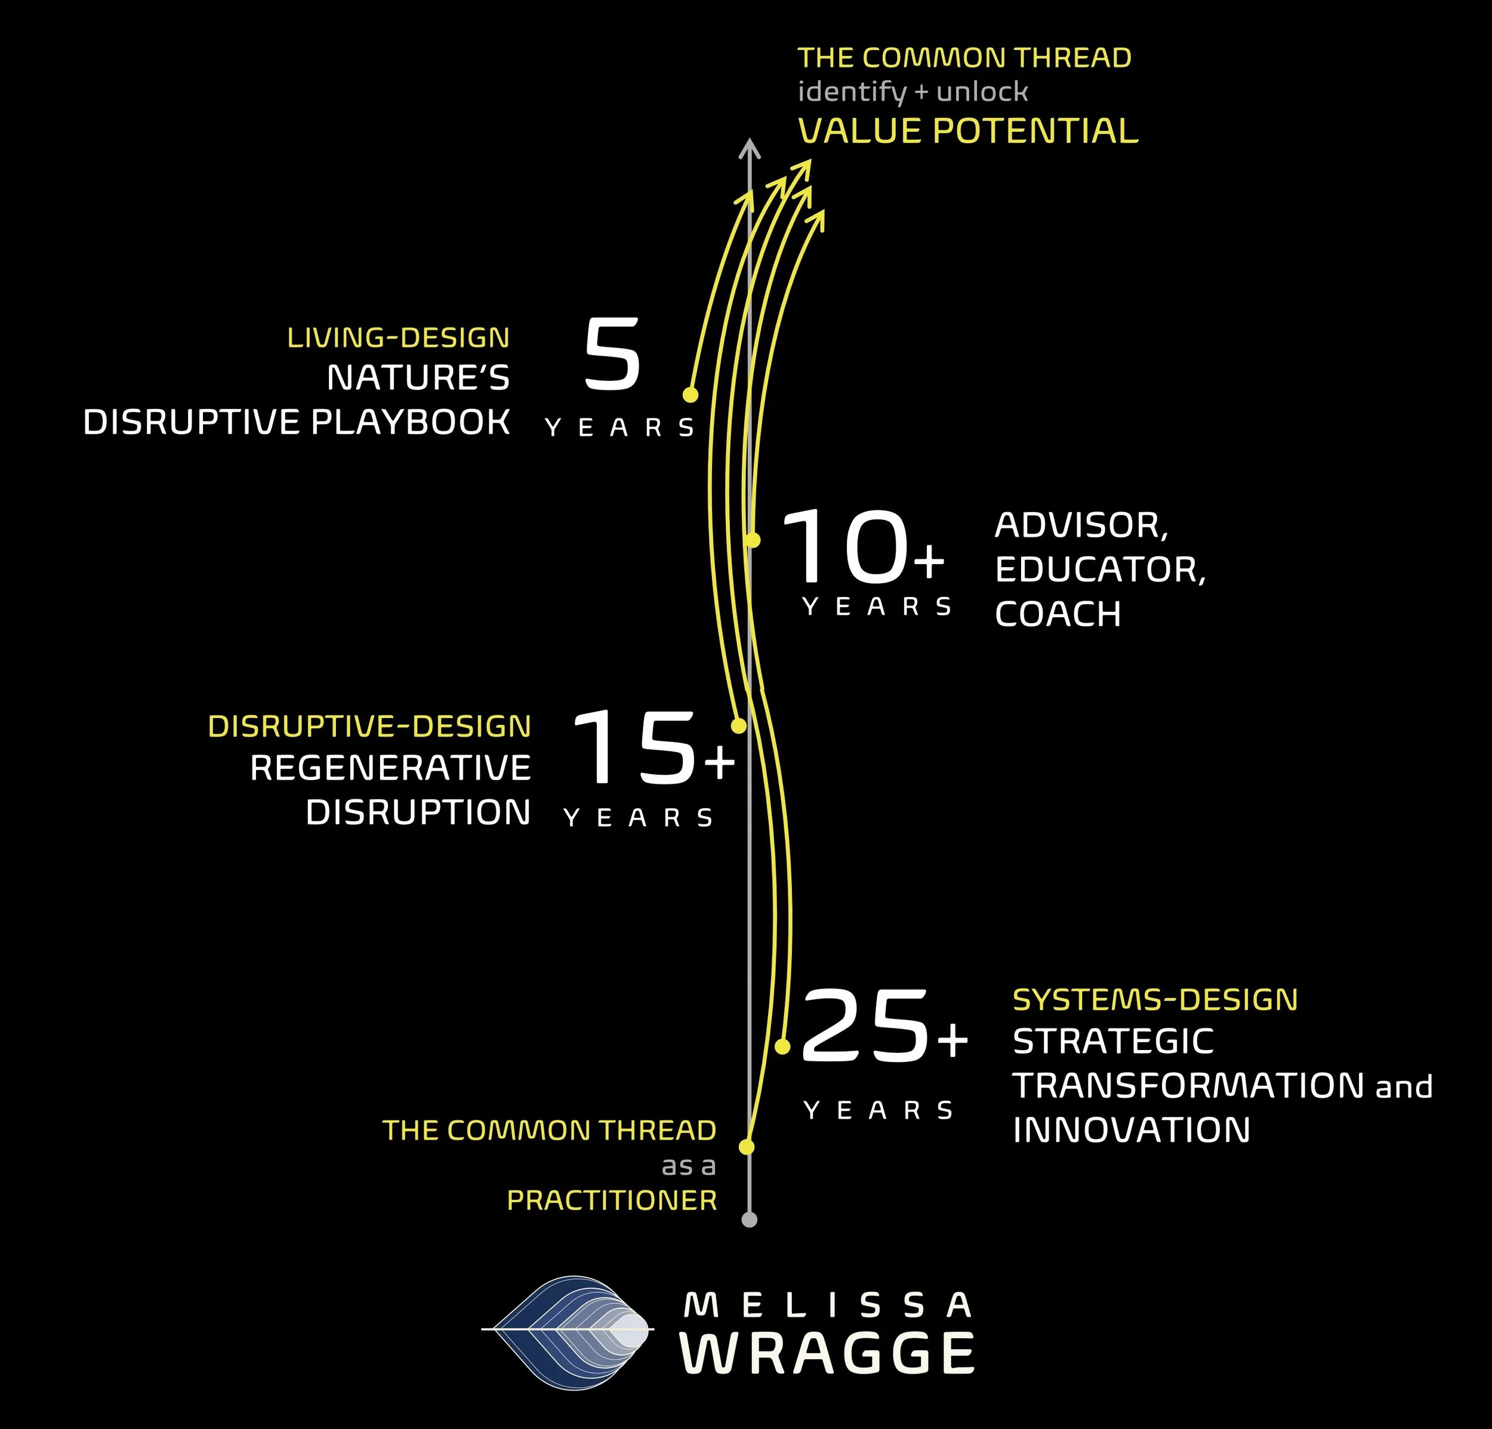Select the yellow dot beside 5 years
coord(690,395)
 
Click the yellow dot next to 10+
coord(753,540)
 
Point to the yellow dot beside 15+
coord(738,725)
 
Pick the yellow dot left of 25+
coord(782,1047)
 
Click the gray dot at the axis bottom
coord(749,1219)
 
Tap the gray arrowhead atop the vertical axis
coord(750,149)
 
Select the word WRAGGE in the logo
coord(827,1354)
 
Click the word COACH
coord(1058,614)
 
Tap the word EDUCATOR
coord(1099,569)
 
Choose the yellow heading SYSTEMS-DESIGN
coord(1155,1000)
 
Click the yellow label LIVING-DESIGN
coord(398,337)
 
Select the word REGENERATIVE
coord(390,768)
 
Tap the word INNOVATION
coord(1131,1130)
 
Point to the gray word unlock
coord(982,92)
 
